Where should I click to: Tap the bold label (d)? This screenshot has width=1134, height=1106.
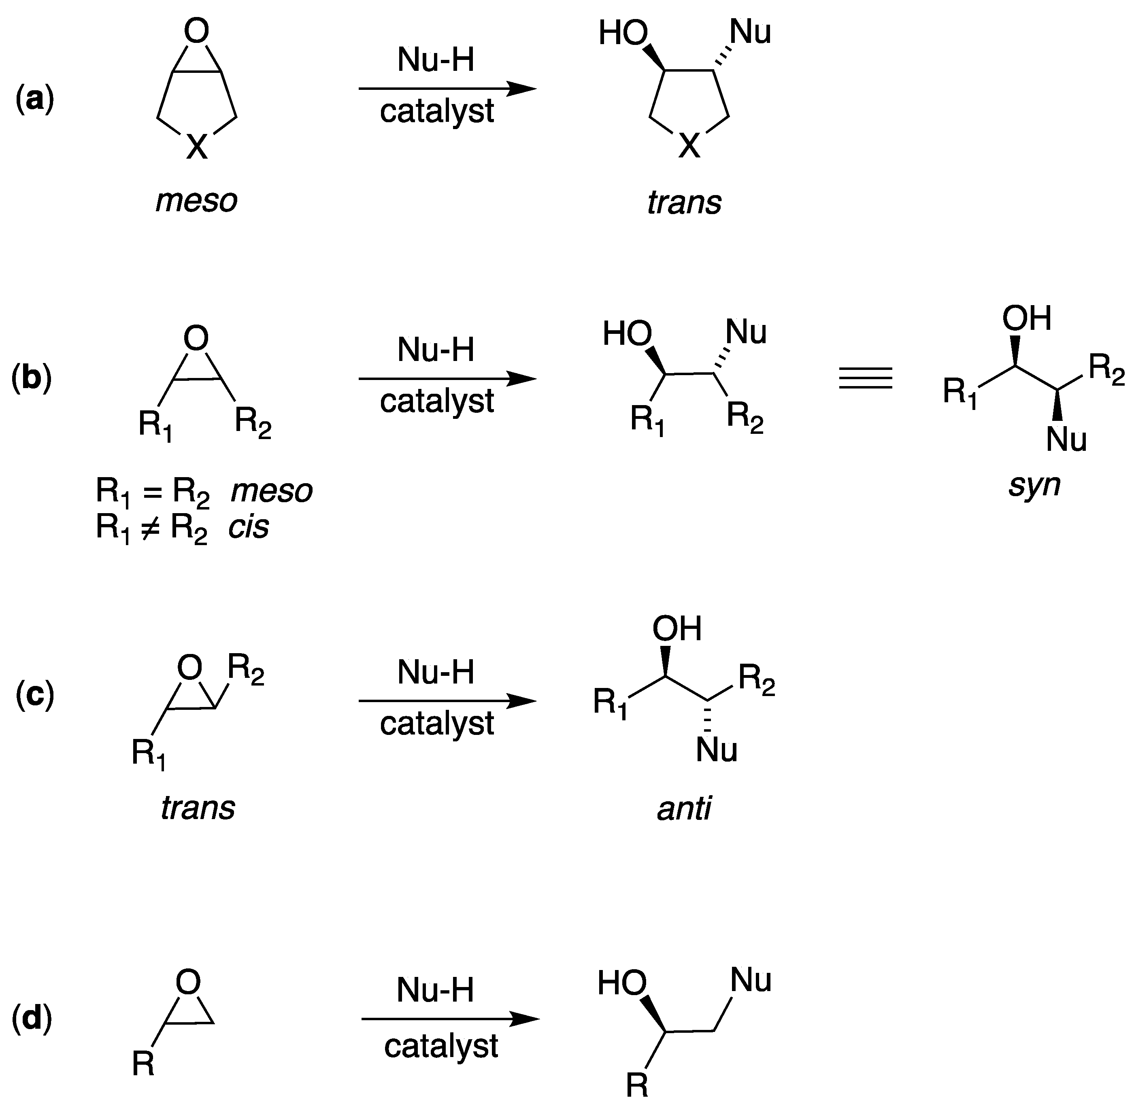tap(32, 1019)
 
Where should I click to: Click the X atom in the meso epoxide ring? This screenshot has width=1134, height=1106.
tap(196, 146)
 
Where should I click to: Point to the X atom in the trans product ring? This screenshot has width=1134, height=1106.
tap(689, 145)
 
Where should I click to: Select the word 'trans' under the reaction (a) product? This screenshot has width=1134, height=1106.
tap(684, 203)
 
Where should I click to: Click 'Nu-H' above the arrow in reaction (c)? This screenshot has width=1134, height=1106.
tap(436, 672)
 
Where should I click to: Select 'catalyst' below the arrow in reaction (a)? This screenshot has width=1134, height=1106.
tap(436, 111)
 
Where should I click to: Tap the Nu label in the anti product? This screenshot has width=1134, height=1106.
tap(716, 749)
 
